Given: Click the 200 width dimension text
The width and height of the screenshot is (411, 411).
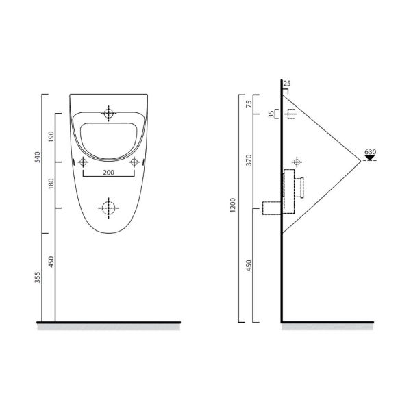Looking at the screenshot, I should click(108, 173).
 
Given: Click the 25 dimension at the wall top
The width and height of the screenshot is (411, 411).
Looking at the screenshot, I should click(287, 84).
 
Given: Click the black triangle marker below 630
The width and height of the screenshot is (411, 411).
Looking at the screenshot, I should click(370, 160).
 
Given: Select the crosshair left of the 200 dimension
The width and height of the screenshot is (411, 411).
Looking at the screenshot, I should click(83, 162).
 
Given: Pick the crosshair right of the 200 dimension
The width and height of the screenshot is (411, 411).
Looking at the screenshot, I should click(134, 162).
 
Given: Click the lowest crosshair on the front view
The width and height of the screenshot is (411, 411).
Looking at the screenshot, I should click(108, 207).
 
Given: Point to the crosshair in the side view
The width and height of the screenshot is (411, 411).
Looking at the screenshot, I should click(296, 162).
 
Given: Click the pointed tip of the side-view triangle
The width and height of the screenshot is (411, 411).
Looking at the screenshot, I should click(361, 162).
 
